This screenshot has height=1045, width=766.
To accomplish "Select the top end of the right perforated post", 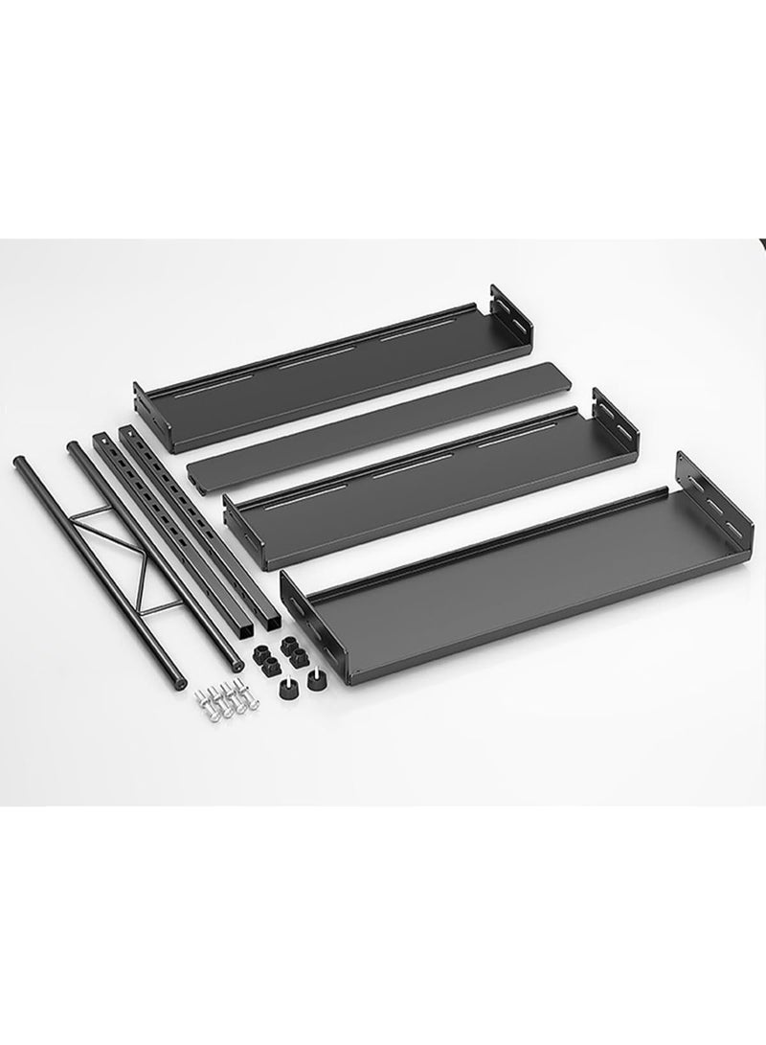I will (x=125, y=432).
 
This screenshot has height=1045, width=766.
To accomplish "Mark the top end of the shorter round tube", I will (x=74, y=446).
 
